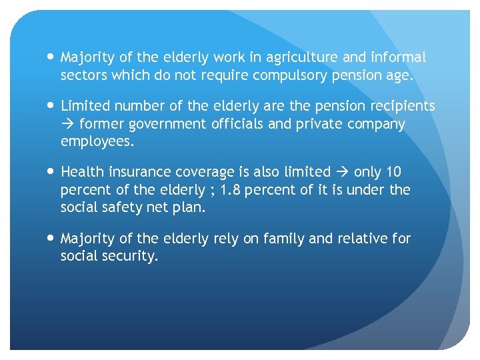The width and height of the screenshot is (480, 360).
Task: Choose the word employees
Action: tap(97, 141)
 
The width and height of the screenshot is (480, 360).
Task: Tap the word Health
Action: tap(82, 172)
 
